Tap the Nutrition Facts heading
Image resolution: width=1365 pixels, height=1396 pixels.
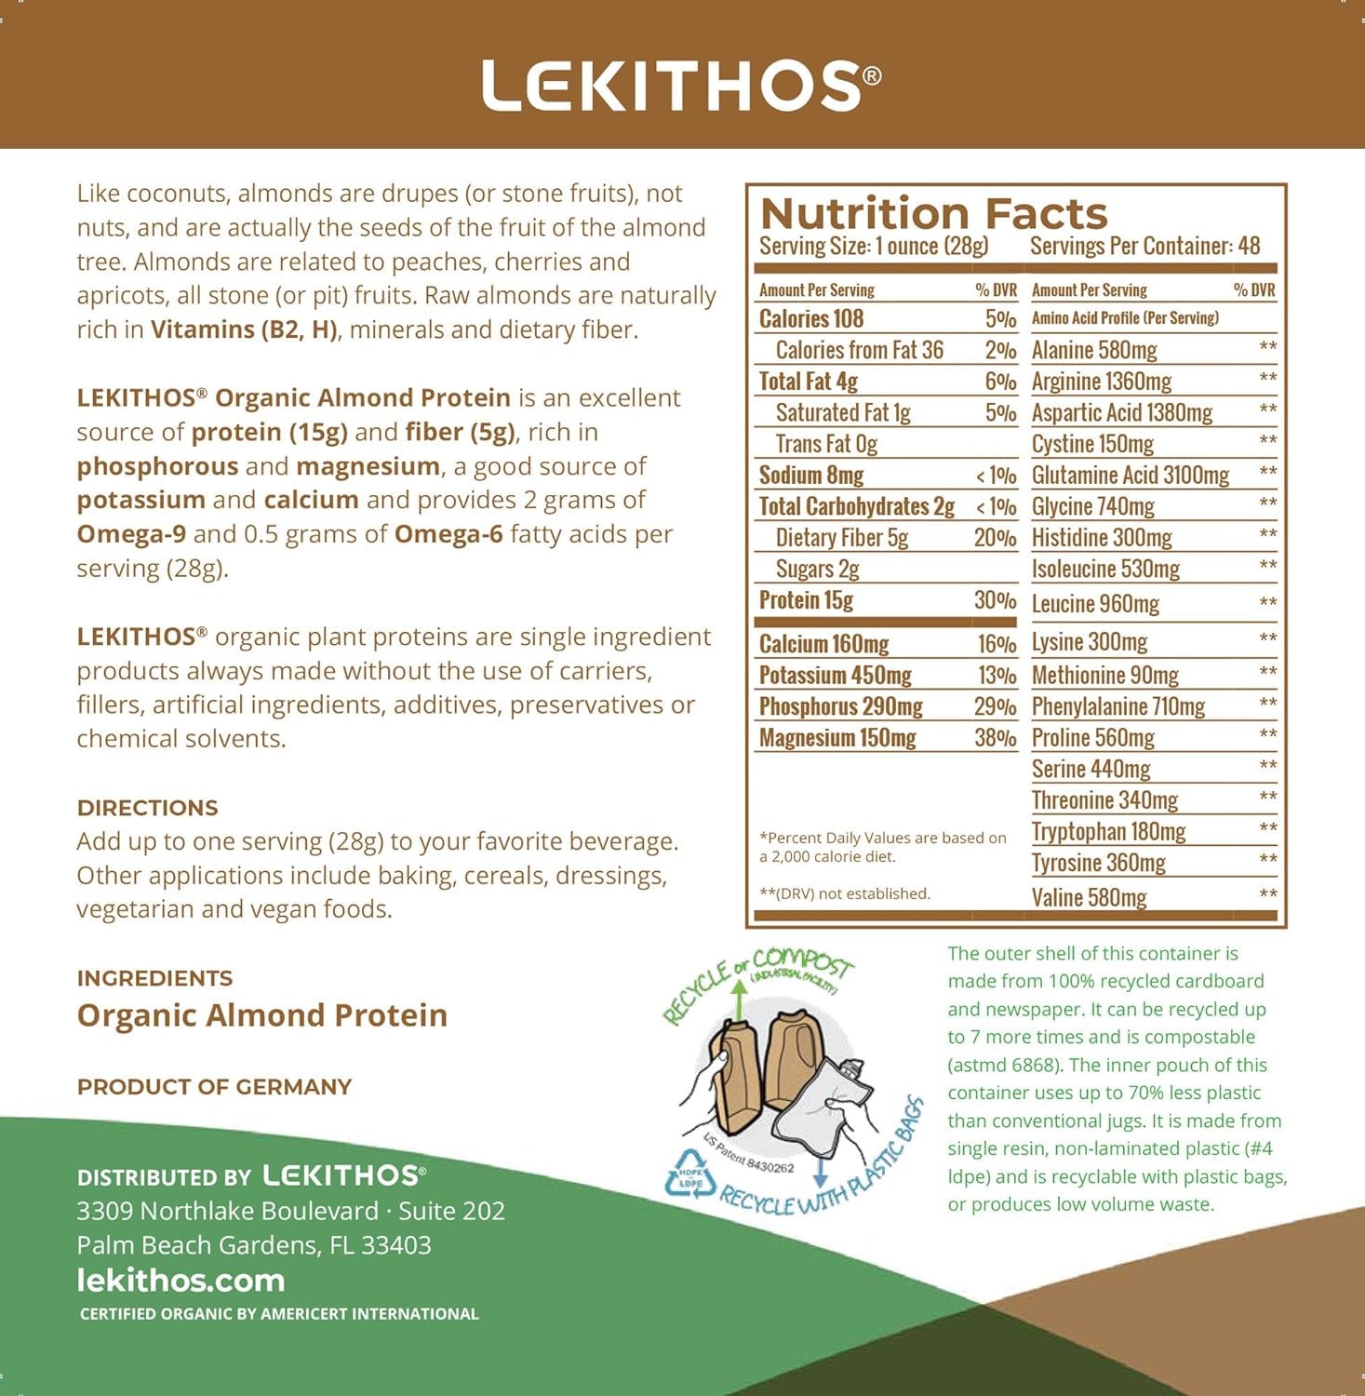pos(933,213)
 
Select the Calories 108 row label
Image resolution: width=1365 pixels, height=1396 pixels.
pos(811,319)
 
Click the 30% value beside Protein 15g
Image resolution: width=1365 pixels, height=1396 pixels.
pos(995,600)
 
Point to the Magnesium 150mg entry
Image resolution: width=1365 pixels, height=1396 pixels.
pos(837,738)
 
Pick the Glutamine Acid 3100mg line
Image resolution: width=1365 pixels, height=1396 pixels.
pos(1131,476)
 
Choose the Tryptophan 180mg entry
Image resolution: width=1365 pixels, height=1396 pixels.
pos(1108,831)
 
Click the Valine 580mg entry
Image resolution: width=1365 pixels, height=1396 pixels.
pos(1089,897)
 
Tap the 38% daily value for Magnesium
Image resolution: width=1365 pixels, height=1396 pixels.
pos(995,738)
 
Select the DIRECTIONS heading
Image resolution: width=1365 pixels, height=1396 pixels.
pos(147,808)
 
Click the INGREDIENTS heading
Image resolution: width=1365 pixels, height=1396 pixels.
pos(154,978)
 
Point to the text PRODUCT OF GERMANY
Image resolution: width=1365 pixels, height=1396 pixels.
pos(214,1087)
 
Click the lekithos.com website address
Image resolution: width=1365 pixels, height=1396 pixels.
pos(181,1281)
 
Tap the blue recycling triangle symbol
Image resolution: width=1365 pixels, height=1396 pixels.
pos(689,1174)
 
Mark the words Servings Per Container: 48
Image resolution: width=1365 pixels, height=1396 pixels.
pos(1144,247)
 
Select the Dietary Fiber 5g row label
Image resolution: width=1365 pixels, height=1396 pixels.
pos(841,538)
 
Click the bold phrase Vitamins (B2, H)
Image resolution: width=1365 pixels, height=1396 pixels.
pos(244,329)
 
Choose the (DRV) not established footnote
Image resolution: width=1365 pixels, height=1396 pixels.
pos(845,893)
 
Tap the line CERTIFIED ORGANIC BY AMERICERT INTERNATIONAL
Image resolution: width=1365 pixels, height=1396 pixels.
pos(279,1314)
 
